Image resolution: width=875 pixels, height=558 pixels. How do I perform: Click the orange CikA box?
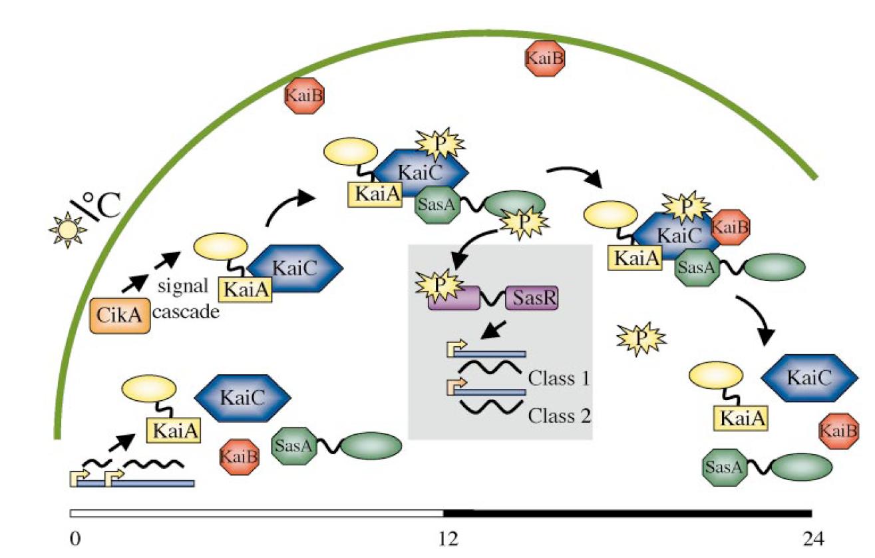point(120,316)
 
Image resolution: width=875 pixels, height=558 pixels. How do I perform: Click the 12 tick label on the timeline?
point(449,537)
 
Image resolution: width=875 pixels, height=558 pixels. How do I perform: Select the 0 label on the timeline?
point(75,537)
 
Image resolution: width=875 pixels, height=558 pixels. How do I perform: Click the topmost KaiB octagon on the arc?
point(546,58)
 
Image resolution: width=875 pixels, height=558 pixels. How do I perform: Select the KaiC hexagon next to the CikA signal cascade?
point(294,267)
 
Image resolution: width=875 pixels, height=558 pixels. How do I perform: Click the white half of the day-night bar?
point(256,513)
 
